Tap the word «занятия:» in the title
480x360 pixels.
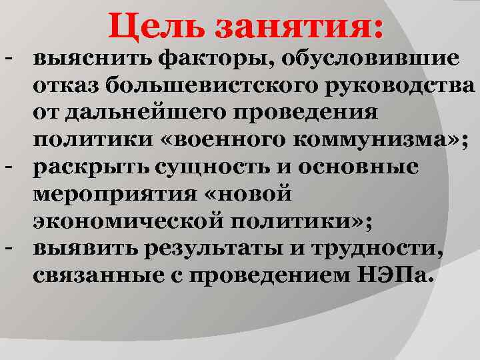click(299, 27)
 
